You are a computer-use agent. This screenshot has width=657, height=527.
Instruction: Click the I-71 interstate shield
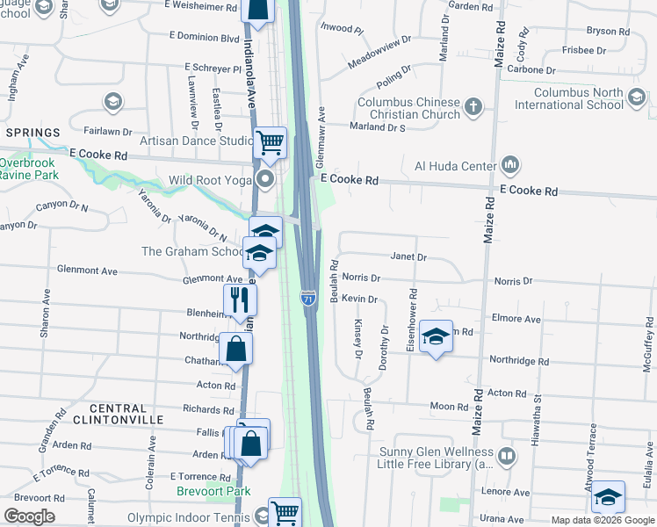click(308, 300)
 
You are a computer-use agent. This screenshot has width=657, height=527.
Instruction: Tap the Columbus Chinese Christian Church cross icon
click(473, 107)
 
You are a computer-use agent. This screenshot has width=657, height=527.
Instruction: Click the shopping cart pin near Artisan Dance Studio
click(271, 141)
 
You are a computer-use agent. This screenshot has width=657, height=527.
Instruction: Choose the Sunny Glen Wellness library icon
click(507, 457)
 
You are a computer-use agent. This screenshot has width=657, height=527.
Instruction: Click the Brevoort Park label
click(213, 492)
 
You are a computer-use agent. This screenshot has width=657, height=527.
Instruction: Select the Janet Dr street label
click(408, 257)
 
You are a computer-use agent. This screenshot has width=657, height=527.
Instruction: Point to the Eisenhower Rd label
click(411, 321)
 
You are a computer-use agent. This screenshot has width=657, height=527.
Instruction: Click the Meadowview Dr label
click(379, 53)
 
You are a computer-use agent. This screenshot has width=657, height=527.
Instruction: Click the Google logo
click(29, 516)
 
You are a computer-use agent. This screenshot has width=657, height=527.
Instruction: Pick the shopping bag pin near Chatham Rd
click(236, 349)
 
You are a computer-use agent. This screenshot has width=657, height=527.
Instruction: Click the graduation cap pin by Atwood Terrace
click(608, 497)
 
